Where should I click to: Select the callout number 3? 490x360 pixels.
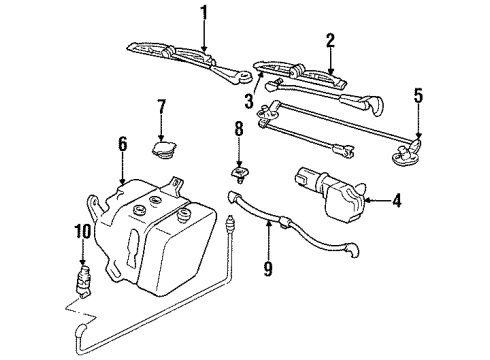247,101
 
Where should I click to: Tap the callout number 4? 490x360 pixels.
397,201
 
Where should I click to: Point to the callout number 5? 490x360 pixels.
418,96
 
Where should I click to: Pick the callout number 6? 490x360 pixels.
122,144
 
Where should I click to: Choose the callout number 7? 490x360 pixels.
161,106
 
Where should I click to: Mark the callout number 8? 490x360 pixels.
239,129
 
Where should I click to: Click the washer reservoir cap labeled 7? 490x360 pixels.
163,149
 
